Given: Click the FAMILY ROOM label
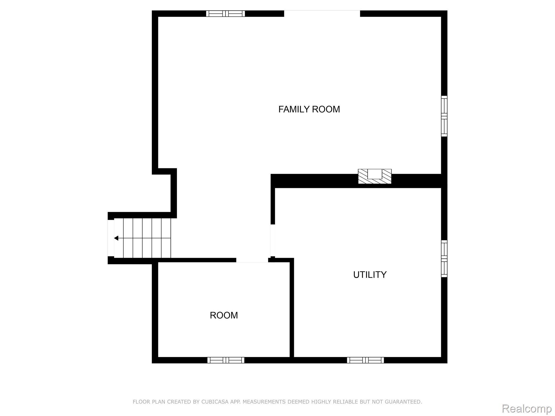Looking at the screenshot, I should (x=309, y=109).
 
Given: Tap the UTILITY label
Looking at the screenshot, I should (x=370, y=275).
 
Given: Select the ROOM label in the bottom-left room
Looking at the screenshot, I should (x=224, y=315).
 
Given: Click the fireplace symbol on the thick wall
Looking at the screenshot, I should (x=375, y=176).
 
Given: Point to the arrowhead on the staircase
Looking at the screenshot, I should (x=116, y=238).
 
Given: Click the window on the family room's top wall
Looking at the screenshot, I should (x=225, y=14).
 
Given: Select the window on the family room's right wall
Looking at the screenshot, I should (x=444, y=116).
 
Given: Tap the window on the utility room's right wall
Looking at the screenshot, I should (x=444, y=259).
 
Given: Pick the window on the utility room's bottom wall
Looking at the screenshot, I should (x=365, y=360).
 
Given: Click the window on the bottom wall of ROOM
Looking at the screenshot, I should (x=226, y=360).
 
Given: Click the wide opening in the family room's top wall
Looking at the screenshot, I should (x=322, y=14).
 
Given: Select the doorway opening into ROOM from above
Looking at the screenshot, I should (x=252, y=260).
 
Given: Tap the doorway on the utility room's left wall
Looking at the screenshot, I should (x=273, y=240).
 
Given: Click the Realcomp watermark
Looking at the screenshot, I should (x=527, y=409).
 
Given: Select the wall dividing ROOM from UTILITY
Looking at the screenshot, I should (x=292, y=309).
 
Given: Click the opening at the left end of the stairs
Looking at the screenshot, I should (x=111, y=238).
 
